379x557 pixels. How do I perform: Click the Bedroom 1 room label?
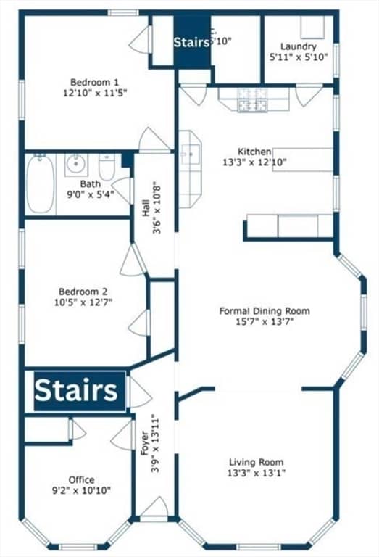pos(94,82)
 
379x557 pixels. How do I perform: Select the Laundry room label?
pos(298,46)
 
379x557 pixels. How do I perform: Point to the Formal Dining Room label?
pos(264,311)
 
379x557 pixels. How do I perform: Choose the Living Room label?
pos(256,462)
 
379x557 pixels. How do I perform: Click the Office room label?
pos(81,479)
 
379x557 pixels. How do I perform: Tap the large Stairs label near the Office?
pos(76,391)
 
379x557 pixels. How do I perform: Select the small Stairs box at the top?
pos(192,43)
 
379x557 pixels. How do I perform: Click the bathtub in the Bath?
pos(41,184)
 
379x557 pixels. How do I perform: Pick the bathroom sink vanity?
pos(75,165)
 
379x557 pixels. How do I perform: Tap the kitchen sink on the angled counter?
pos(191,154)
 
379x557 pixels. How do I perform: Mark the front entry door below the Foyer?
pos(154,511)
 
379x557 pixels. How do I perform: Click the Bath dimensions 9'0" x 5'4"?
pos(90,194)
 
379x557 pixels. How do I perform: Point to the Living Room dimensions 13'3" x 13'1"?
pos(256,473)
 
